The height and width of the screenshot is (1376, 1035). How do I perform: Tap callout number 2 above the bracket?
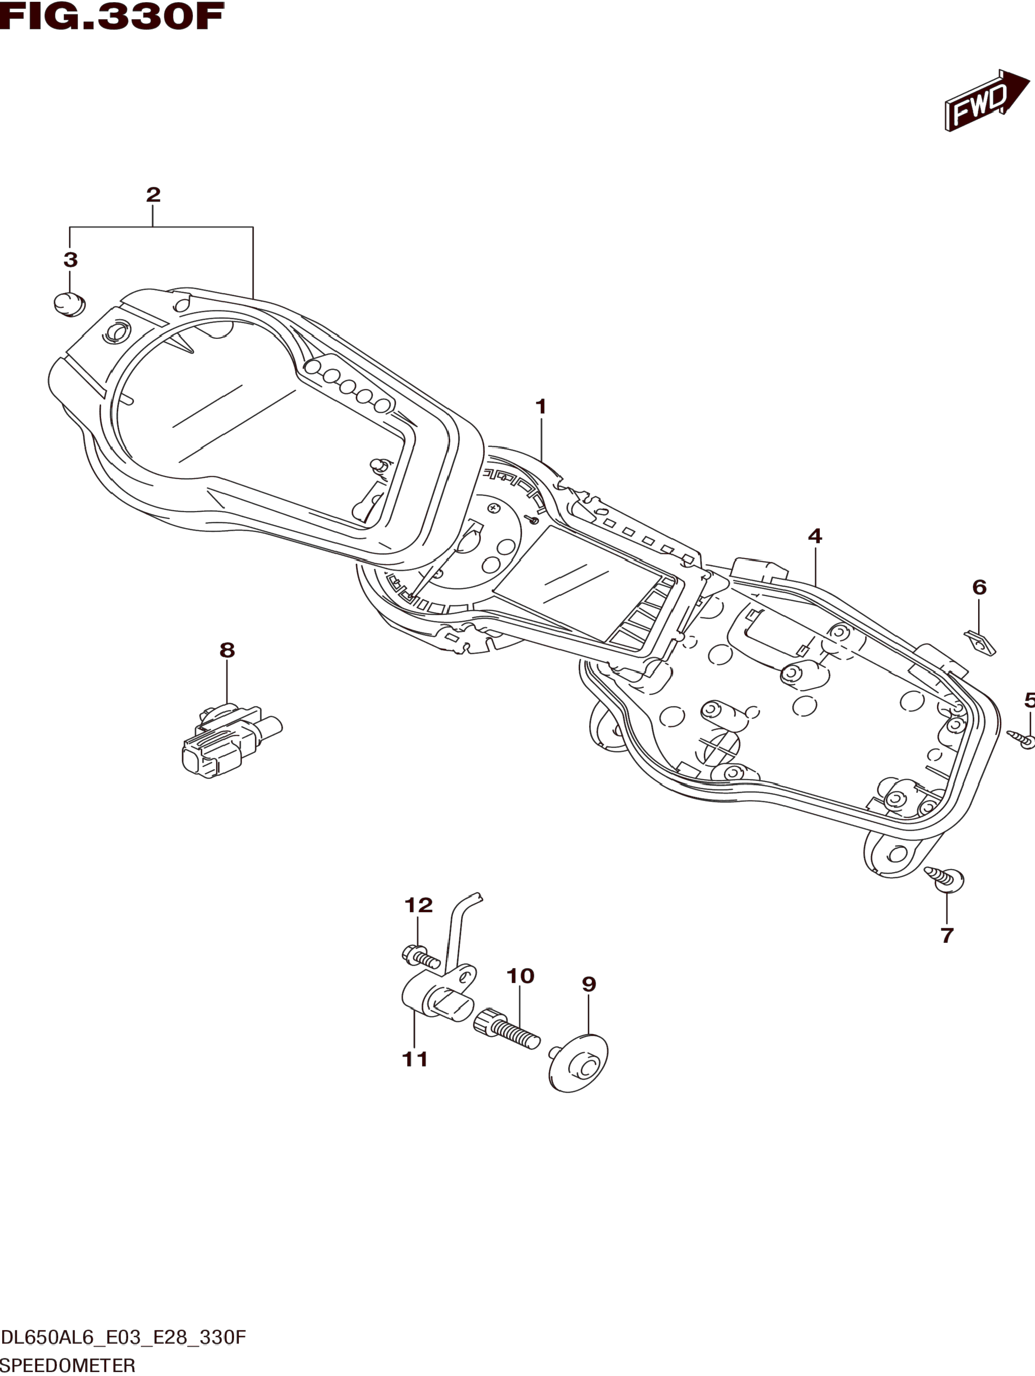click(x=153, y=195)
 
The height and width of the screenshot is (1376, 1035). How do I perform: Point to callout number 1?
click(x=541, y=407)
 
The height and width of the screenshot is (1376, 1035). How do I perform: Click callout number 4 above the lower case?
click(x=815, y=536)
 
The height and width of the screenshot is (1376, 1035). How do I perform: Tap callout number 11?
click(x=415, y=1059)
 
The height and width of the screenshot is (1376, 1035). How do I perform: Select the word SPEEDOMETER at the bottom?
click(x=68, y=1366)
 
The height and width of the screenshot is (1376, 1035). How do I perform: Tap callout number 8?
click(x=227, y=651)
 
